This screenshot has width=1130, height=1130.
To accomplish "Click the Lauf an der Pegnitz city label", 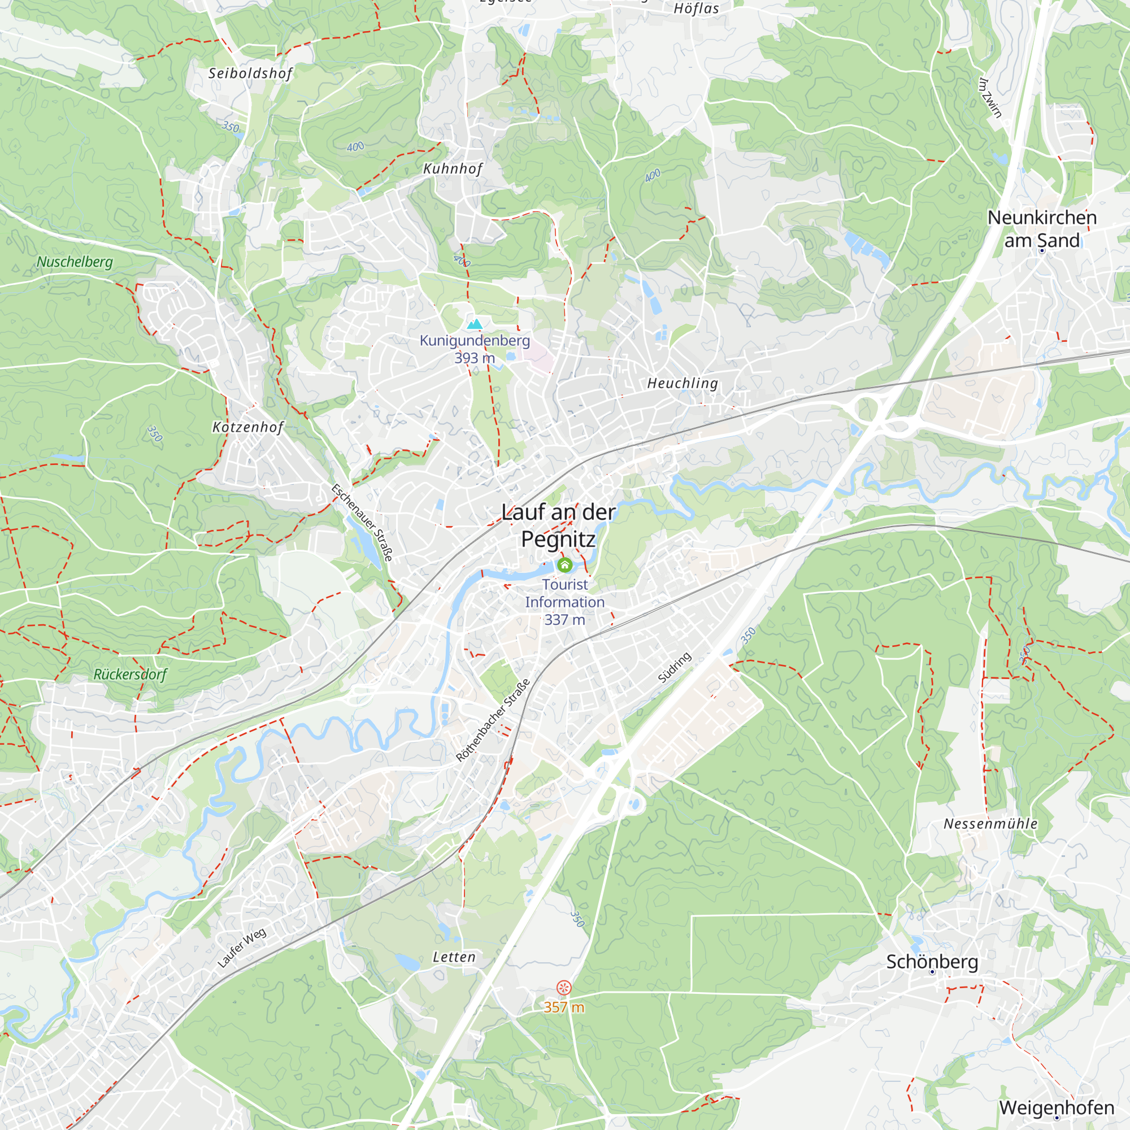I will (x=559, y=525).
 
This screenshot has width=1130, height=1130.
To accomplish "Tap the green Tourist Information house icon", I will (x=564, y=564).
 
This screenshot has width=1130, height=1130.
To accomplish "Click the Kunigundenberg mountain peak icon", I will (x=475, y=324).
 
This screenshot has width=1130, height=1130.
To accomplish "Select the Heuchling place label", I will (x=683, y=383).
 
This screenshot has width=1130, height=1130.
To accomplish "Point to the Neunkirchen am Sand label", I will (x=1042, y=229).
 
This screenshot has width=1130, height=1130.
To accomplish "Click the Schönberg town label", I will (x=932, y=962).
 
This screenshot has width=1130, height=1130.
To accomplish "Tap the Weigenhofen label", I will (x=1057, y=1108).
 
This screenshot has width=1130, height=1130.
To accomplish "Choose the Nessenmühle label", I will (x=990, y=824).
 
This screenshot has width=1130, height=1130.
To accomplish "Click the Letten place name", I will (x=454, y=957).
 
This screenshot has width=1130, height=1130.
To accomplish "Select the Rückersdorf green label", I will (x=131, y=675).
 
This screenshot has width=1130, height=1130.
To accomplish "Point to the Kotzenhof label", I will (x=248, y=427).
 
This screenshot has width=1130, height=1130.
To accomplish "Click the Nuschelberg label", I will (x=75, y=262).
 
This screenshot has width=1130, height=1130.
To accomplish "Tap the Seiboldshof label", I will (x=250, y=73).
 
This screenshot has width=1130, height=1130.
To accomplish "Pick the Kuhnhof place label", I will (x=453, y=168).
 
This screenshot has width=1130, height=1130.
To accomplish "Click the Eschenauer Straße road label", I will (x=362, y=522).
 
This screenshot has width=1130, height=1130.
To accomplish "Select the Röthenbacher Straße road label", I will (x=493, y=720).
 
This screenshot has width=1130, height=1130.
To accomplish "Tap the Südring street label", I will (x=675, y=667).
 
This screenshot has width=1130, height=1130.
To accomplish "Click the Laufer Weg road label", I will (x=242, y=948).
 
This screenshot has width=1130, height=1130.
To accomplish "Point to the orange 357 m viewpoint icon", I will (x=564, y=988).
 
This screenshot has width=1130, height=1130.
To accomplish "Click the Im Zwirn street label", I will (x=990, y=97).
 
